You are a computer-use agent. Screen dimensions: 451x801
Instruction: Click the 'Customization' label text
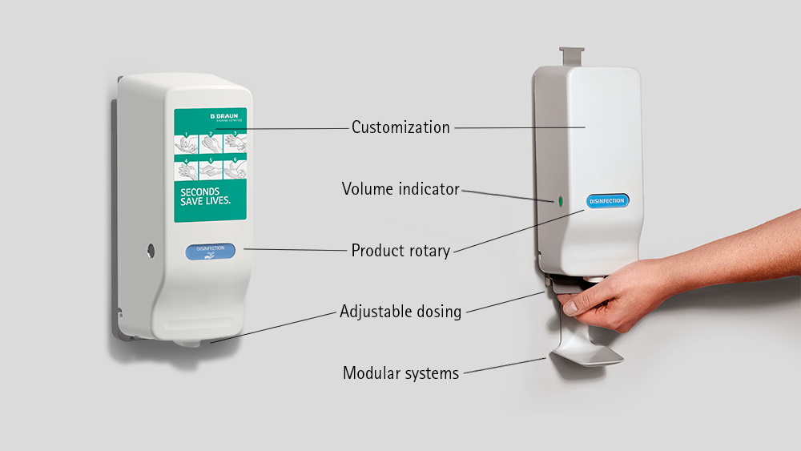point(400,127)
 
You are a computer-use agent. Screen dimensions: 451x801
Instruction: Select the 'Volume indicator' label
point(400,189)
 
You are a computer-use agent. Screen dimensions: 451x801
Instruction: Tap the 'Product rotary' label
point(400,251)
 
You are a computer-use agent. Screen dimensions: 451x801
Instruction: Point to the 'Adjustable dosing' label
point(400,312)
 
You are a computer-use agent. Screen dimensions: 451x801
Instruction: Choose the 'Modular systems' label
point(400,373)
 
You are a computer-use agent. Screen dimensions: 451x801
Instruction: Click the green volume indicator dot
point(560,199)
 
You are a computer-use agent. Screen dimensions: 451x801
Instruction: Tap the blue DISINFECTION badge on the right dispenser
point(607,201)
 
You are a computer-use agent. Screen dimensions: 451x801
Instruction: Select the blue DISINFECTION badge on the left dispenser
point(211,251)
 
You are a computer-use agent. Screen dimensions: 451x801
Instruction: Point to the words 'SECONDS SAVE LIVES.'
point(205,196)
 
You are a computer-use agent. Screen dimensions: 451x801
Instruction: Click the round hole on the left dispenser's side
point(150,251)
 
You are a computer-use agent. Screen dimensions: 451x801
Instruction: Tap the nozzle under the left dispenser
point(189,343)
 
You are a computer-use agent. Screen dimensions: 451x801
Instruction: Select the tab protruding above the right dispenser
point(571,57)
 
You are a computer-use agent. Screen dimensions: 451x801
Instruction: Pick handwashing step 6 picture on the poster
point(234,169)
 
